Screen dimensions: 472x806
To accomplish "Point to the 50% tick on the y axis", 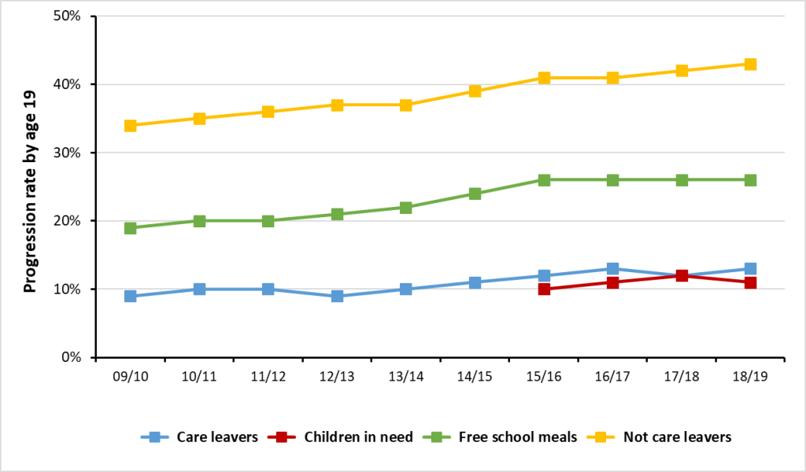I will pyautogui.click(x=72, y=17).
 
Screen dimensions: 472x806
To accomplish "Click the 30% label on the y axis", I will pyautogui.click(x=72, y=153).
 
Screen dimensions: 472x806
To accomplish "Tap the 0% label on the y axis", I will pyautogui.click(x=76, y=357).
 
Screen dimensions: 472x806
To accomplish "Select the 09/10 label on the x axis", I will pyautogui.click(x=130, y=377).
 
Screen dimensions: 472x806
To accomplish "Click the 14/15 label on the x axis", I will pyautogui.click(x=475, y=377).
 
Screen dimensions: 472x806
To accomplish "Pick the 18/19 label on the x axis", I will pyautogui.click(x=750, y=377).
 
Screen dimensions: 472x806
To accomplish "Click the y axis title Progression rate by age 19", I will pyautogui.click(x=30, y=187).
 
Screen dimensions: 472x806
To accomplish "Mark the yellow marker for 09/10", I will pyautogui.click(x=130, y=126).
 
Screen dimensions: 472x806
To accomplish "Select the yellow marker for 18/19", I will pyautogui.click(x=750, y=65).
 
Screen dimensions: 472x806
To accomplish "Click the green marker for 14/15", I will pyautogui.click(x=475, y=194).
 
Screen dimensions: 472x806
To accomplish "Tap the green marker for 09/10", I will pyautogui.click(x=130, y=228).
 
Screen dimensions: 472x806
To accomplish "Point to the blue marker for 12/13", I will pyautogui.click(x=337, y=296).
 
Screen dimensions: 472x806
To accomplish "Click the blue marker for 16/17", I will pyautogui.click(x=612, y=269).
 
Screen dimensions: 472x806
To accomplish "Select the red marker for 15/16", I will pyautogui.click(x=544, y=289).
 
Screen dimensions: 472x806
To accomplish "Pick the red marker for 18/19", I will pyautogui.click(x=750, y=282).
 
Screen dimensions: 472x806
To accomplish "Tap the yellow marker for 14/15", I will pyautogui.click(x=475, y=91).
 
